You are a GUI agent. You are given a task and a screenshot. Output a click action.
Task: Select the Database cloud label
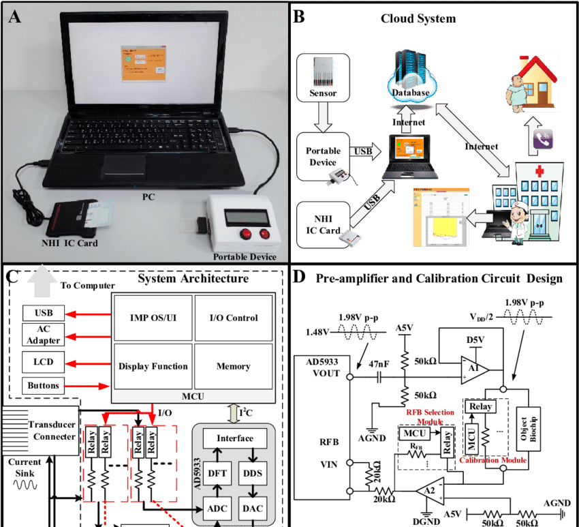click(410, 93)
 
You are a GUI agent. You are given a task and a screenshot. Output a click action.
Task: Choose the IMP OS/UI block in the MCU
click(153, 318)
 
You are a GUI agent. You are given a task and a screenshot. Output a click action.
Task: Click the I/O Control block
click(233, 318)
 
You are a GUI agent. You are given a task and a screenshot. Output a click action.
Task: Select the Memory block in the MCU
click(233, 366)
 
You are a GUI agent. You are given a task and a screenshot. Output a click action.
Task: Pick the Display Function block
click(153, 366)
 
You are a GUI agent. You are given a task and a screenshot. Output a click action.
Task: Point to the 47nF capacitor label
click(380, 365)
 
